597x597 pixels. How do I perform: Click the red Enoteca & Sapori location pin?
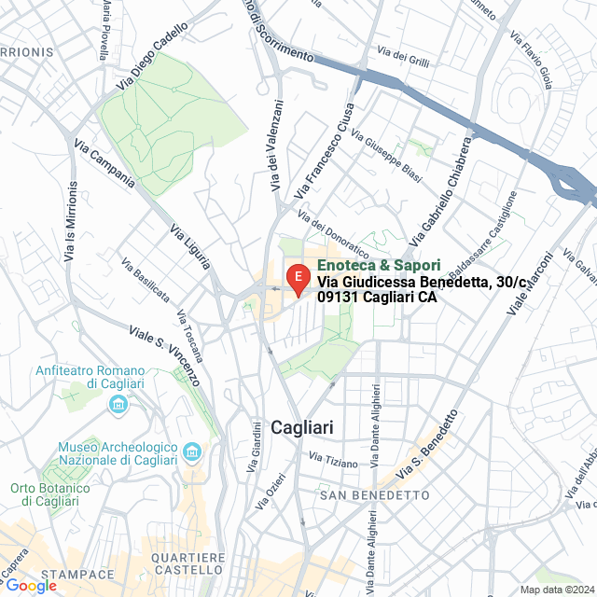[x=297, y=278]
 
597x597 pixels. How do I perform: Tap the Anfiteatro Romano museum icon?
[x=118, y=404]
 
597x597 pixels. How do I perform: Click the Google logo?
[x=30, y=586]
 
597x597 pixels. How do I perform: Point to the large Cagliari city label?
[x=301, y=427]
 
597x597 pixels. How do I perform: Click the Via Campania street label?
[x=104, y=171]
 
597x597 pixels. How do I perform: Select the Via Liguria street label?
[x=189, y=248]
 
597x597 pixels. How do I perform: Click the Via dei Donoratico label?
[x=333, y=233]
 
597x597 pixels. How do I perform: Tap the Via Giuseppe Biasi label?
[x=386, y=156]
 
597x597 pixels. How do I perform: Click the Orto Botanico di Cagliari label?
[x=50, y=494]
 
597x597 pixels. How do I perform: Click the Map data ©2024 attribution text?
[x=557, y=589]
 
